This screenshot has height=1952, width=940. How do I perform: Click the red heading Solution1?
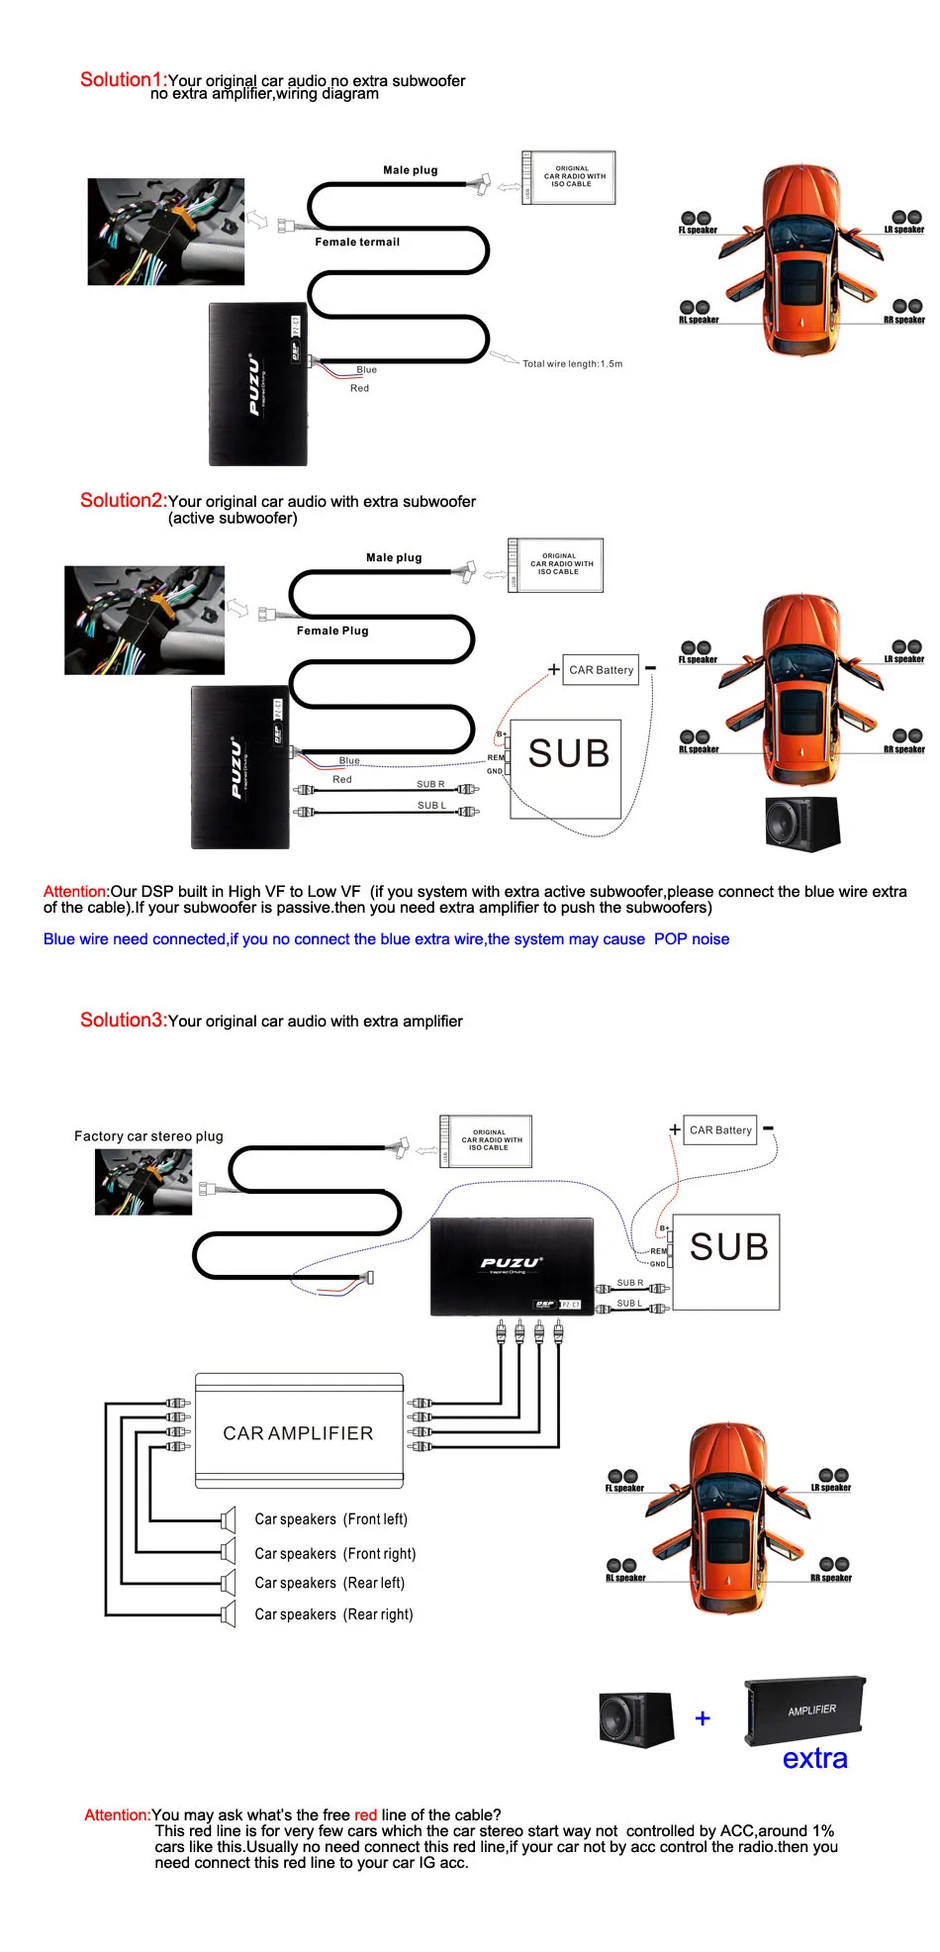(x=122, y=79)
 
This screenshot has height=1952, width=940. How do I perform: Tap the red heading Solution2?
(x=122, y=500)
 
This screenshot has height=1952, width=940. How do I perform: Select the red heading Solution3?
(x=123, y=1020)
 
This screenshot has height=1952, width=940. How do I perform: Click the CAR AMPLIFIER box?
(x=299, y=1432)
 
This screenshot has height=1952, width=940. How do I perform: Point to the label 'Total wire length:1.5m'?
(x=572, y=363)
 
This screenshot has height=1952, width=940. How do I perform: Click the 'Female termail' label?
(x=357, y=242)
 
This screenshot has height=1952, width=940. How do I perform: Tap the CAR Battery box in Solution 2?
(x=601, y=670)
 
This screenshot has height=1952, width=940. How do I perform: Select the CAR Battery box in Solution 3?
(x=720, y=1129)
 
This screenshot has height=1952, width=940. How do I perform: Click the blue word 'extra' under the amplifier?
(x=814, y=1758)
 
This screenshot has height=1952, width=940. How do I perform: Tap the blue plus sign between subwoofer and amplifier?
(x=703, y=1718)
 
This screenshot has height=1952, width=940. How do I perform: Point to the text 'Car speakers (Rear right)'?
(x=333, y=1613)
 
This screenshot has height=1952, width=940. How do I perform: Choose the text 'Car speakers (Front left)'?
(x=330, y=1518)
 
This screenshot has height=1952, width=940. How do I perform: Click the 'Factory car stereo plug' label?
(x=148, y=1135)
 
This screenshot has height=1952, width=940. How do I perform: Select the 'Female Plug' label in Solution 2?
(x=332, y=631)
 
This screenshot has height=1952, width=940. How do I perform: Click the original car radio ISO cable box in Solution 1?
(x=570, y=177)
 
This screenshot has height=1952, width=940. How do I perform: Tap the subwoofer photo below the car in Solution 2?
(x=802, y=823)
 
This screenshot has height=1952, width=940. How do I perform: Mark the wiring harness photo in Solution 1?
(x=166, y=232)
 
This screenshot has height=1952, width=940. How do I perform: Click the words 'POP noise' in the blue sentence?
(x=691, y=938)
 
